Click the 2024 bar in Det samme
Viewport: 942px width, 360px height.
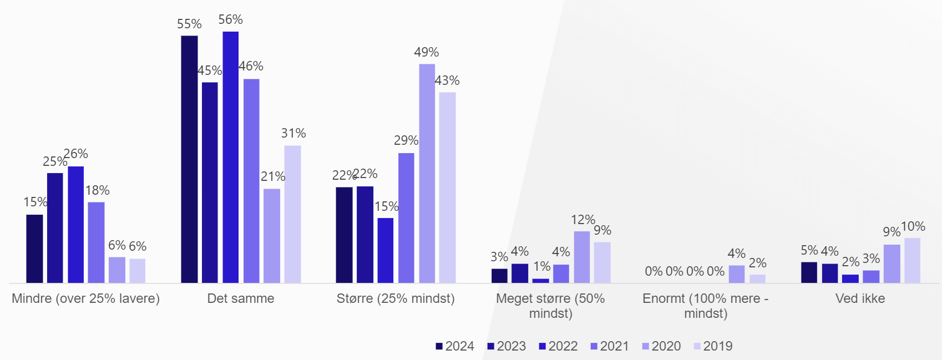(189, 159)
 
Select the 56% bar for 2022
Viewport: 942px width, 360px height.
(231, 157)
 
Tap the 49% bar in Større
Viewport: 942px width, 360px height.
(427, 173)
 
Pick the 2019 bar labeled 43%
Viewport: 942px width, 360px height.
(447, 187)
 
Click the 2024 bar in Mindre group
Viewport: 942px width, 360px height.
(34, 249)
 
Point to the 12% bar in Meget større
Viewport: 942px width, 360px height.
(582, 257)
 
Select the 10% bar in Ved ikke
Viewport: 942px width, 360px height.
(912, 260)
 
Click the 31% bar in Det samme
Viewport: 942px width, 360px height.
(293, 214)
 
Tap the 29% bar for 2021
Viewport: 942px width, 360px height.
(406, 217)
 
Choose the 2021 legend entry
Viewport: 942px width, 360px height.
(610, 346)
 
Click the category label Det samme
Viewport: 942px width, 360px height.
(241, 298)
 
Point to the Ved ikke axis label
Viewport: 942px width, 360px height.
(860, 298)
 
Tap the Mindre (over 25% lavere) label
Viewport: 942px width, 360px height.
(85, 298)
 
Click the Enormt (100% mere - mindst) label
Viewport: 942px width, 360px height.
(705, 306)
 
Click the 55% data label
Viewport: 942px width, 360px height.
(189, 24)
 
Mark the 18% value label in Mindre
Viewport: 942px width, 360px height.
(97, 190)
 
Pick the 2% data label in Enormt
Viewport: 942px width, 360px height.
(757, 263)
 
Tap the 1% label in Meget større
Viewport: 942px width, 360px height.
(541, 266)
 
